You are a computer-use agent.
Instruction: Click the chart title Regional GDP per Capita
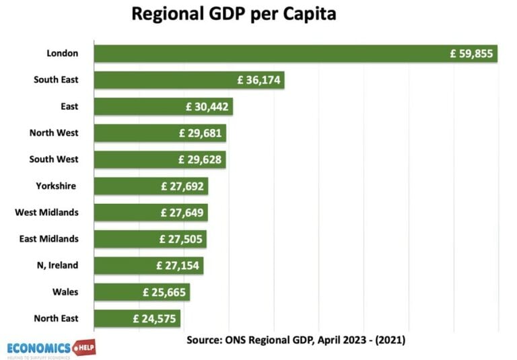(233, 14)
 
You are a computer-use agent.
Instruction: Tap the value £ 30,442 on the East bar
(207, 106)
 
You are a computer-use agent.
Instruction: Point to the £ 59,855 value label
(471, 54)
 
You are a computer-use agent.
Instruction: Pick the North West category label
(54, 133)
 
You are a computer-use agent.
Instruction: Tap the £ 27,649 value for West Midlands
(182, 213)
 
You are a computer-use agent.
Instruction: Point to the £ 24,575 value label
(155, 318)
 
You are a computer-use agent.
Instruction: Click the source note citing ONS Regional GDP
(296, 340)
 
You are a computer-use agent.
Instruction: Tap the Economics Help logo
(48, 349)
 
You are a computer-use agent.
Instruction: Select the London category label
(63, 53)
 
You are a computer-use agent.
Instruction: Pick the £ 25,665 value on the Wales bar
(164, 292)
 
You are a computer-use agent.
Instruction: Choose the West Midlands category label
(46, 213)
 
